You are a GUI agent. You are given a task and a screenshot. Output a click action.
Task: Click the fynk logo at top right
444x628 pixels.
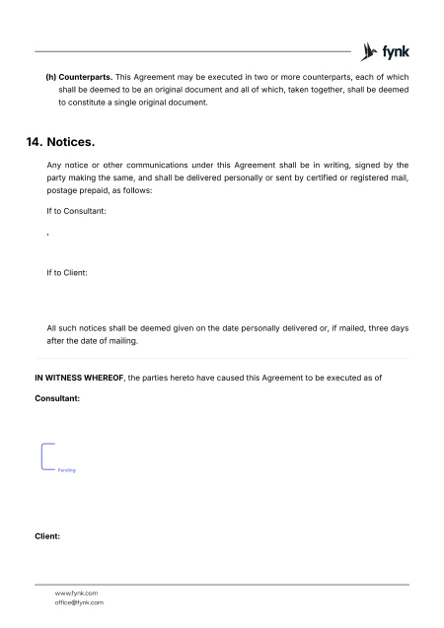coord(386,51)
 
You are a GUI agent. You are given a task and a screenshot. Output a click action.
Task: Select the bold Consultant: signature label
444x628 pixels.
coord(57,400)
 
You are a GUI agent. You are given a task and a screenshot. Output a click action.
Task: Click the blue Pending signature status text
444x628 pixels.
coord(66,471)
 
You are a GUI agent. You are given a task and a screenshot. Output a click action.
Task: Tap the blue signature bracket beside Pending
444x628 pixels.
coord(45,457)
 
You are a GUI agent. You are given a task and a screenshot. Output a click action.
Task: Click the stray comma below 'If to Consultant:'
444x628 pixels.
coord(47,233)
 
